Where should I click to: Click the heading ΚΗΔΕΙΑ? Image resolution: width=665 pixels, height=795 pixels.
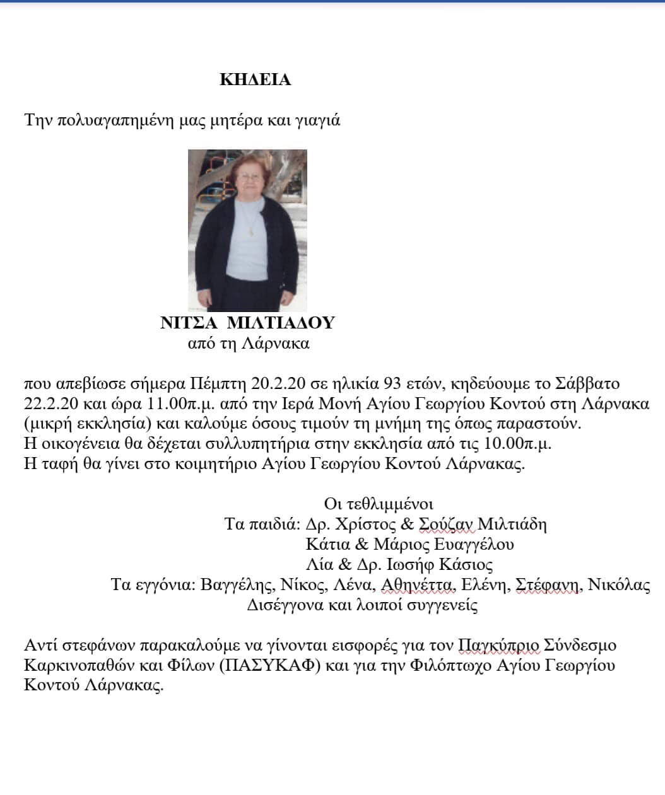tap(255, 80)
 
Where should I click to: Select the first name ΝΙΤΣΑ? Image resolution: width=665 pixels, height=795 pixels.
tap(188, 323)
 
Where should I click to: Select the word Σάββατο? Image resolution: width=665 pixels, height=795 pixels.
tap(587, 383)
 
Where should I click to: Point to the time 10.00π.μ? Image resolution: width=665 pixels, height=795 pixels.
tap(517, 444)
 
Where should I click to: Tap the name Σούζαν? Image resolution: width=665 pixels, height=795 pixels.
tap(445, 524)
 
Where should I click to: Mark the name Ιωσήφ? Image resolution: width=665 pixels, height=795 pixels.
tap(409, 564)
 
